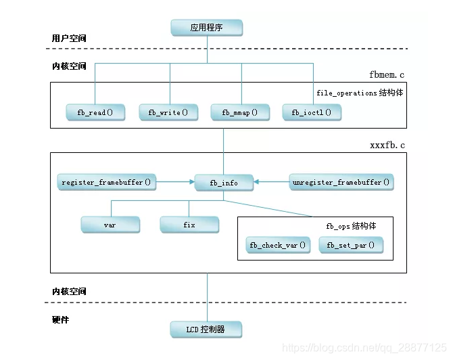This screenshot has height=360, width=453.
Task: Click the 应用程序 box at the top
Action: point(206,28)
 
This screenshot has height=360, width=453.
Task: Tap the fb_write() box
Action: point(168,112)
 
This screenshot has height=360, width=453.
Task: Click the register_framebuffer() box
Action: point(106,182)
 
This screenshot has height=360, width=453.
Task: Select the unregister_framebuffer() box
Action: point(341,182)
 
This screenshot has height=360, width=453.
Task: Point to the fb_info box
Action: point(224,182)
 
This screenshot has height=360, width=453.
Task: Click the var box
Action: point(110,224)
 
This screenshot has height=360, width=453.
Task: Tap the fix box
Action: point(189,224)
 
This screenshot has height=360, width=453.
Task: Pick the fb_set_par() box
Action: point(350,245)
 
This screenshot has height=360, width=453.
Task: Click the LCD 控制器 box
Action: point(206,330)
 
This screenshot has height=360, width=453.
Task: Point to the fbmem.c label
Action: point(387,74)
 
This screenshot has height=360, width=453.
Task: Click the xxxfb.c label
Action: point(387,145)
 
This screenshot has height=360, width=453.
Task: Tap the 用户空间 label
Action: point(69,39)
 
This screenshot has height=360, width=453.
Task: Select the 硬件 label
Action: point(60,318)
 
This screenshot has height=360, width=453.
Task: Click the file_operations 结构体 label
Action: point(360,93)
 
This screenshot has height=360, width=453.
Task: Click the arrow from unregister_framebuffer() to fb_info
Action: point(272,182)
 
